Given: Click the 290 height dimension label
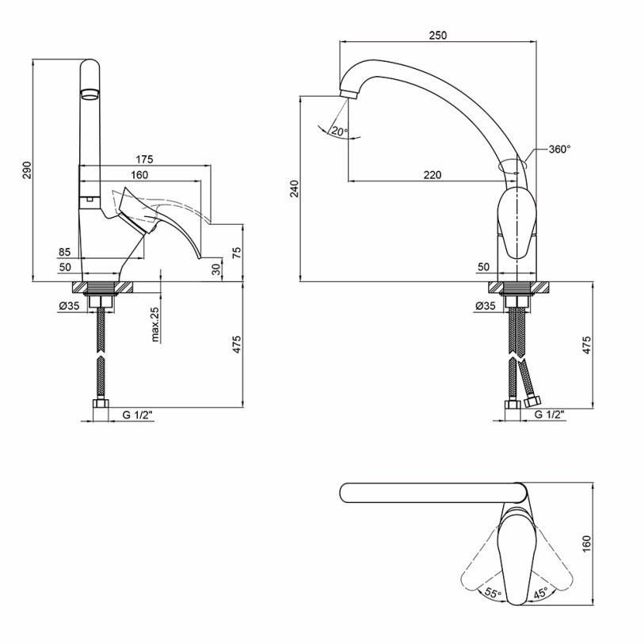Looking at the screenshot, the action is (27, 170).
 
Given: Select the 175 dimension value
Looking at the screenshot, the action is (144, 159).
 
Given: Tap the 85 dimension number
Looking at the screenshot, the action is (64, 252).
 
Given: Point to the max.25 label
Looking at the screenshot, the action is (155, 325).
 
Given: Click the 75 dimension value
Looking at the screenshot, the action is (237, 253).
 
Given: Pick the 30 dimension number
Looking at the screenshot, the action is (216, 269).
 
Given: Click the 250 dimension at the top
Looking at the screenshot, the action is (438, 36).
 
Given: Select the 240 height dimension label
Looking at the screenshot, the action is (295, 189).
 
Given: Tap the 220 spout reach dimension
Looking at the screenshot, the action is (433, 175).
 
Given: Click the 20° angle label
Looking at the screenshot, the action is (340, 131).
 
